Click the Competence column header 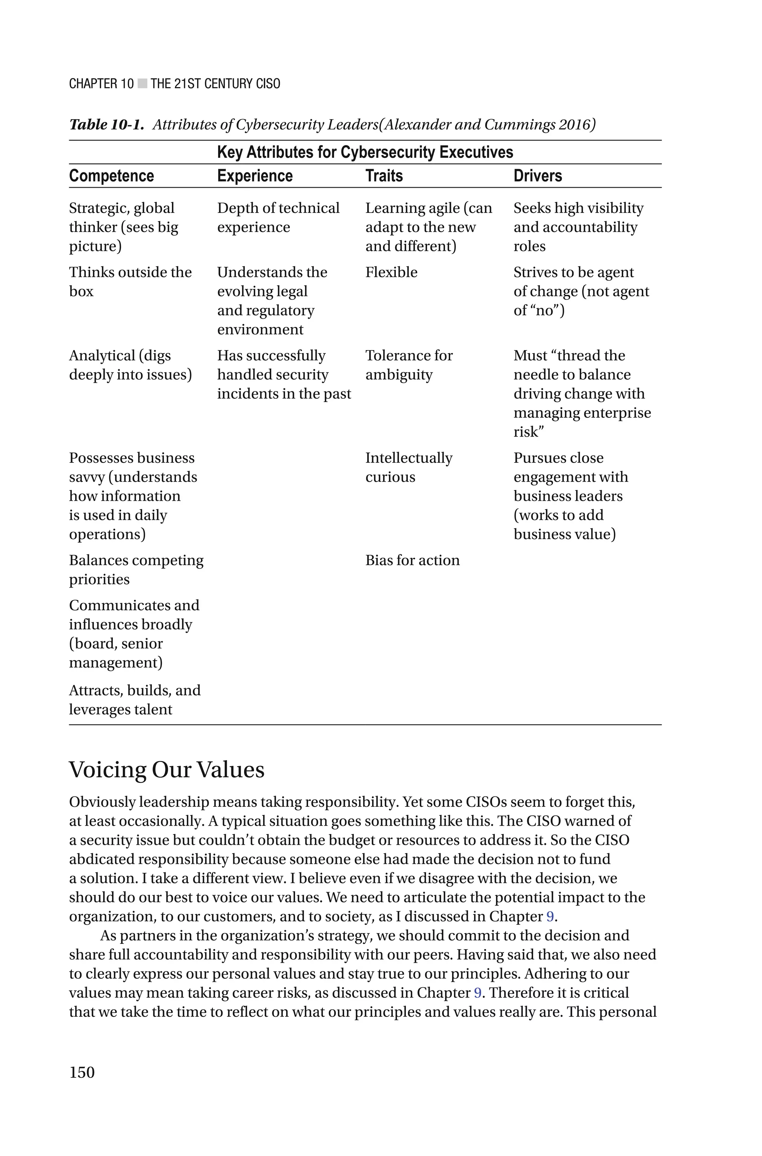111,176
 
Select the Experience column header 254,176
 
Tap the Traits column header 384,176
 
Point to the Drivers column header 538,176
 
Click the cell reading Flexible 391,272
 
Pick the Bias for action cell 412,560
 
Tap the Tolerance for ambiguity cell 409,365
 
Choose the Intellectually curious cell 409,467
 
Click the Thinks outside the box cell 130,281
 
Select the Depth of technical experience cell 278,217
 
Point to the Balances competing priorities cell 136,570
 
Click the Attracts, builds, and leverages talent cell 135,700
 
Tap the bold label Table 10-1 106,125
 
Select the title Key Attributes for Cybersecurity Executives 365,152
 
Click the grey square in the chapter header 142,84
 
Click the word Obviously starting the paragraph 102,802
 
